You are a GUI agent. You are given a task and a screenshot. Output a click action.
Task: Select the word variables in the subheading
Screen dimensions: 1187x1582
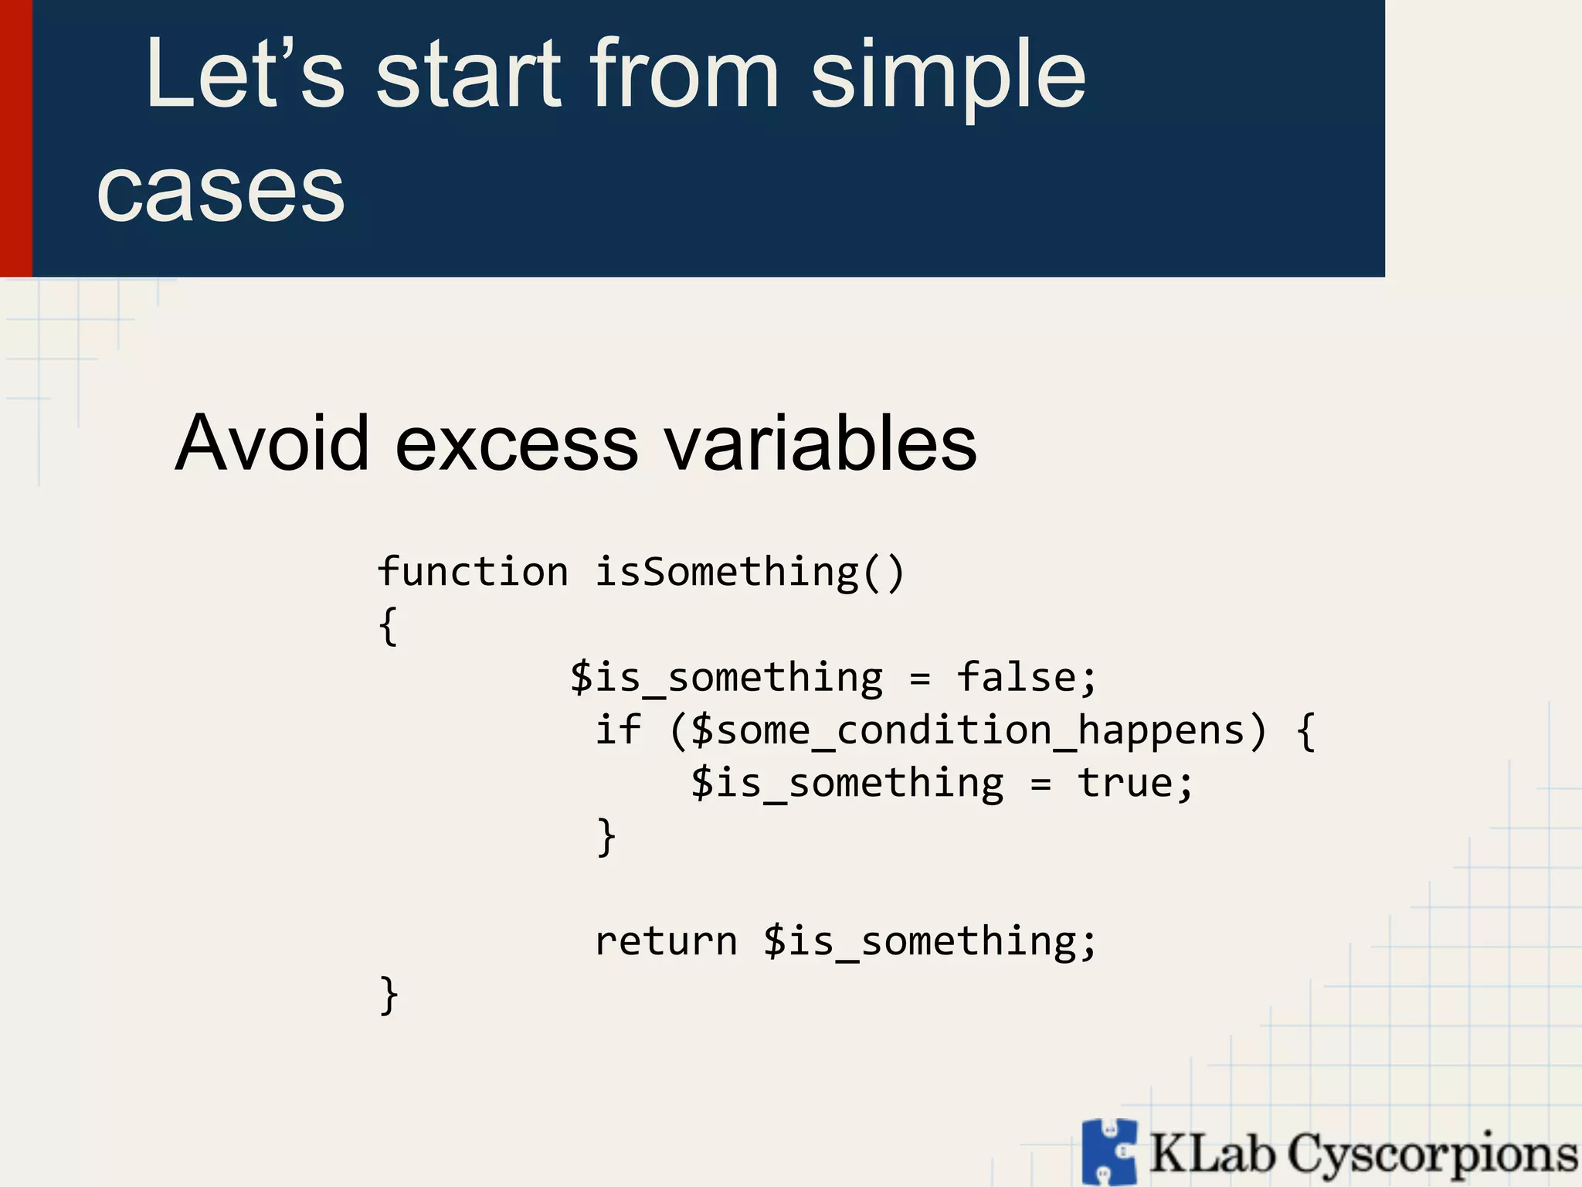(x=820, y=443)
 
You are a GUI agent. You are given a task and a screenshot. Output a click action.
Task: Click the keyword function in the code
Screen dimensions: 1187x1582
(x=473, y=573)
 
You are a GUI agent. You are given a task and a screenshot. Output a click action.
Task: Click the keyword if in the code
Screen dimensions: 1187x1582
(x=617, y=730)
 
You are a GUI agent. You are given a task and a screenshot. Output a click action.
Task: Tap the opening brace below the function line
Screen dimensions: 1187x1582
(x=389, y=626)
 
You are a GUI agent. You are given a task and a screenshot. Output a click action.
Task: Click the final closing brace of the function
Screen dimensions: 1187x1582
(x=389, y=995)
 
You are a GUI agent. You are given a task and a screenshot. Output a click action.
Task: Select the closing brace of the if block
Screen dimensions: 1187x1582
(x=606, y=837)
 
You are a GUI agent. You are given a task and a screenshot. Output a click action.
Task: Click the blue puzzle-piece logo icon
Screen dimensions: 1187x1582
(x=1109, y=1151)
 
